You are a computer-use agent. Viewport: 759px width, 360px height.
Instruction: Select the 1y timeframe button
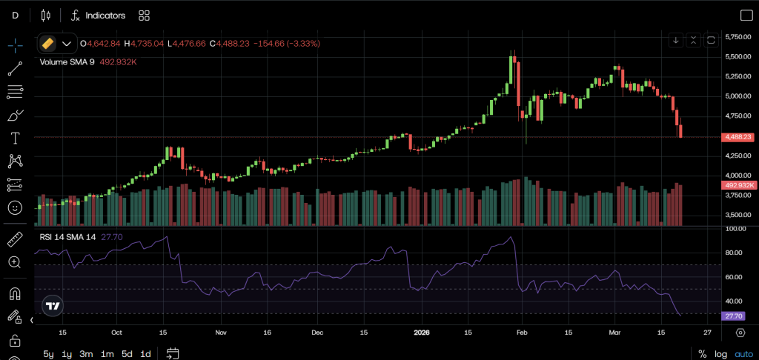pos(67,353)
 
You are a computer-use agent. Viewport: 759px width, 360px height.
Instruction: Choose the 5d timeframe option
pos(127,353)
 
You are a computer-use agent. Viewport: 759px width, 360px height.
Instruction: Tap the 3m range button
pos(87,353)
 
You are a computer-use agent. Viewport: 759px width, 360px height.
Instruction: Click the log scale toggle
pos(721,353)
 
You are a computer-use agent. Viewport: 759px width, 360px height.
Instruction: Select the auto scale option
pos(743,353)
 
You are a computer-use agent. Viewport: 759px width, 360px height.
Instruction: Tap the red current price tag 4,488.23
pos(738,137)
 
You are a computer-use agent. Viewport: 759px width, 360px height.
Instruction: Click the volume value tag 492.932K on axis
pos(738,184)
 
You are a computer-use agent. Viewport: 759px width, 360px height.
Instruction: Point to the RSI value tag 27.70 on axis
pos(734,316)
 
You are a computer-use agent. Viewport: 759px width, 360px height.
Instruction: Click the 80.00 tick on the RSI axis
pos(735,253)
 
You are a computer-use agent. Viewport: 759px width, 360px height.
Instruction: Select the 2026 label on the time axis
pos(422,333)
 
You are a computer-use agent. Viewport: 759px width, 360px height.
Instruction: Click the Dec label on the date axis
pos(316,333)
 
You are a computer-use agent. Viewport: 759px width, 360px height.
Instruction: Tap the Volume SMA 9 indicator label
pos(67,62)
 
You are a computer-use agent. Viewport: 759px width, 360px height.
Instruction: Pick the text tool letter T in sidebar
pos(15,138)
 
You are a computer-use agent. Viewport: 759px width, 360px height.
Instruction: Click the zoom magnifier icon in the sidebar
pos(15,262)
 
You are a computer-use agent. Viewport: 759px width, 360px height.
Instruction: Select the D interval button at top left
pos(15,16)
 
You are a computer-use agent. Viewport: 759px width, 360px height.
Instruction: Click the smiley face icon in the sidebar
pos(15,208)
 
